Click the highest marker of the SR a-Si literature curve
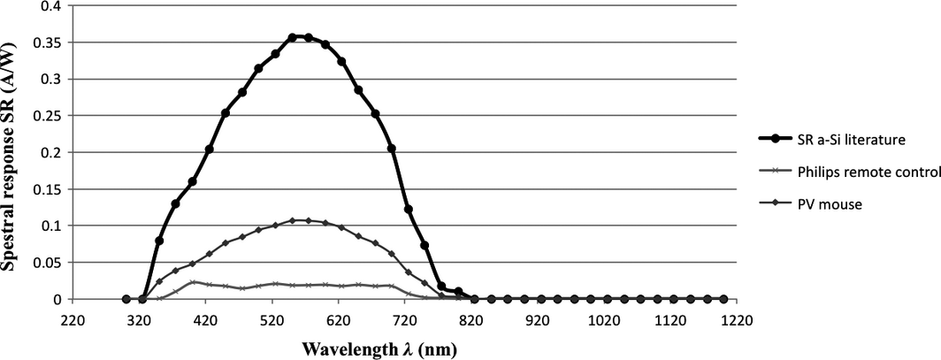292,37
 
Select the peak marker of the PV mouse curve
292,220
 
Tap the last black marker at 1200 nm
723,299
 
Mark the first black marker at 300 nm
126,299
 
